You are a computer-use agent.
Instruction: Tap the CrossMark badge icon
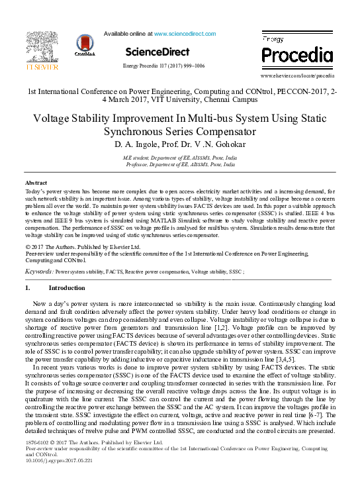coord(85,46)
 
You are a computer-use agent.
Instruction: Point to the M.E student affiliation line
coord(179,158)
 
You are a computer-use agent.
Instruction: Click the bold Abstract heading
coord(36,182)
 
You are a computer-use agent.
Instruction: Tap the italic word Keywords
coord(38,271)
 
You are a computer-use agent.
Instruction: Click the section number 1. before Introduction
coord(28,289)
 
